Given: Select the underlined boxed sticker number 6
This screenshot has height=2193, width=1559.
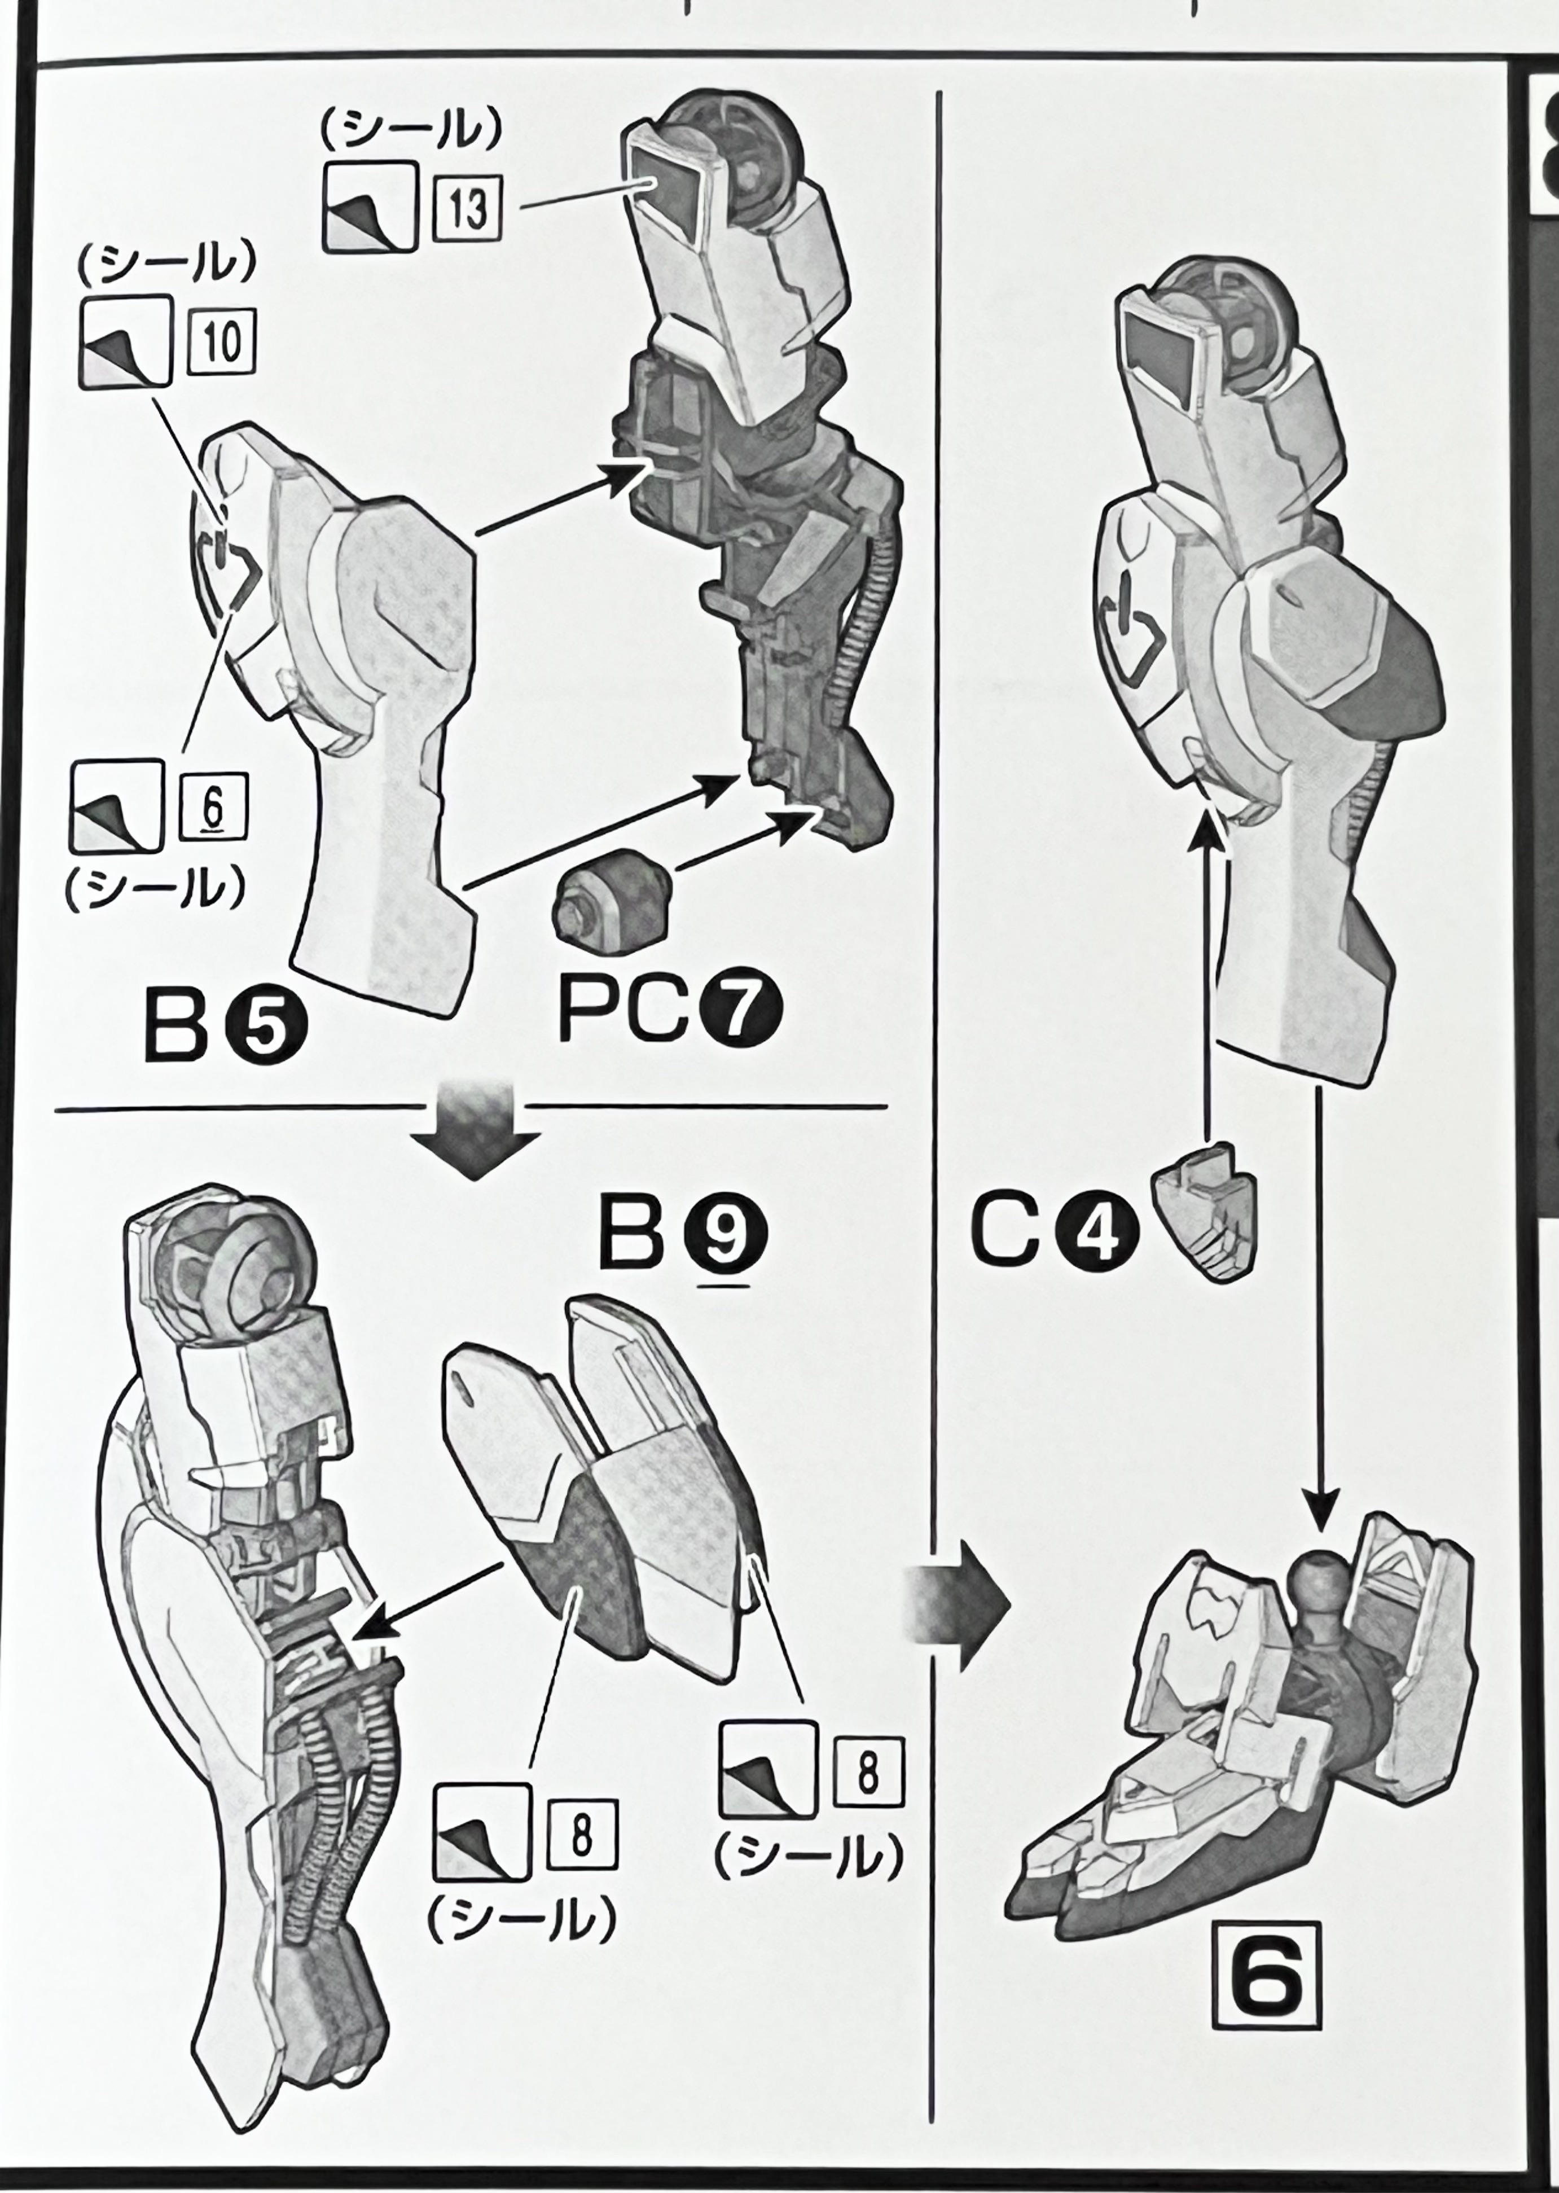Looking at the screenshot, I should [213, 805].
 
